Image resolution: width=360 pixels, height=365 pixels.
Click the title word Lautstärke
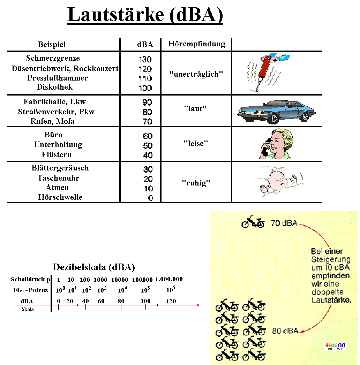(115, 15)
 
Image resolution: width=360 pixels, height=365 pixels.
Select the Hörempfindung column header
(196, 44)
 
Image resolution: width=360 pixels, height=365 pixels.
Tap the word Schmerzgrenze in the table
(53, 58)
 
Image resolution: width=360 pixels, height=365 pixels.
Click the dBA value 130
(145, 59)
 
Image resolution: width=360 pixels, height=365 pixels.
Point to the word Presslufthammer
(58, 78)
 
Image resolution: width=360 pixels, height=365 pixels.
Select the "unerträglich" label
(196, 74)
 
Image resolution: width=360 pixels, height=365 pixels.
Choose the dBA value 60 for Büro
(148, 136)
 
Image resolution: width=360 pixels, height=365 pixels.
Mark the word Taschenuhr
(58, 178)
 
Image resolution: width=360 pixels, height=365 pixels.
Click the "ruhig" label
(196, 183)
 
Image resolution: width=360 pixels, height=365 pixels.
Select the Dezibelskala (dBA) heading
(93, 267)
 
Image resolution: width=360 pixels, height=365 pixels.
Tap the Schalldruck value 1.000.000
(169, 280)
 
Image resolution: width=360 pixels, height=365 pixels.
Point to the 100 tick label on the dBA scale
(145, 301)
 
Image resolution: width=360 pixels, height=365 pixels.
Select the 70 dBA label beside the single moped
(284, 223)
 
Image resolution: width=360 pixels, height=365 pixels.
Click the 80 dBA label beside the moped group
(285, 331)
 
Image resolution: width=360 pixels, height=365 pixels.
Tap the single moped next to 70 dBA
(253, 222)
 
